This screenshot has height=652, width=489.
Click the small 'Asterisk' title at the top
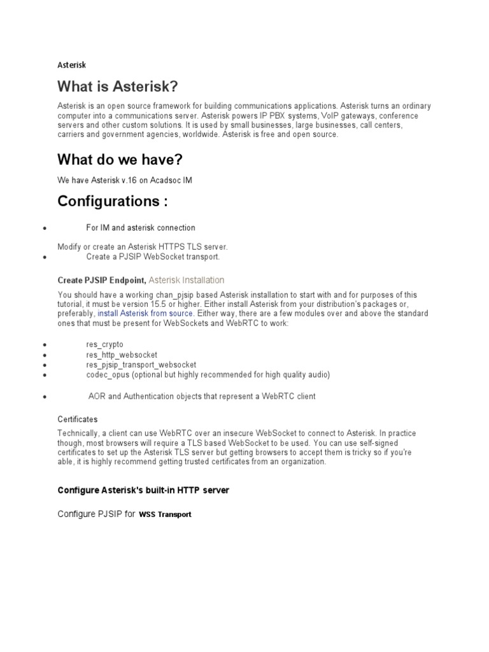(71, 64)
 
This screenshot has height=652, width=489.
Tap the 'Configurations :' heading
(113, 202)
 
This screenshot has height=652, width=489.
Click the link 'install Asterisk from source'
(146, 314)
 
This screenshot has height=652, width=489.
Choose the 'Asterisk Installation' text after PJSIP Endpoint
(187, 280)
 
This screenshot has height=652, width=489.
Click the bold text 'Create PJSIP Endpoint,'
(102, 280)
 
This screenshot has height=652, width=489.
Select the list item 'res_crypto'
(105, 344)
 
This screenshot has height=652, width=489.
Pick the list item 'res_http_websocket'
(122, 355)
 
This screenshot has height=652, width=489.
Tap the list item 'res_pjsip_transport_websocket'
(145, 365)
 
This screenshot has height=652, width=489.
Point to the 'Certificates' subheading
(78, 420)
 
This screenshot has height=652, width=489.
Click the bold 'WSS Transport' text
(166, 514)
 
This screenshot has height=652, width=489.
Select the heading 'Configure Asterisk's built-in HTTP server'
(143, 490)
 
